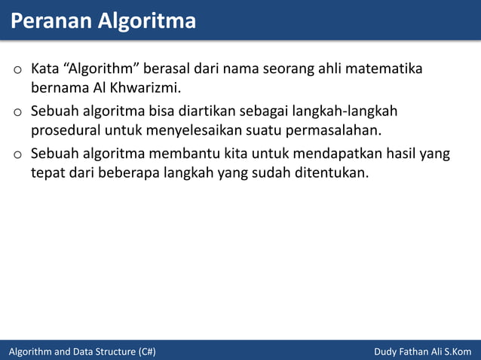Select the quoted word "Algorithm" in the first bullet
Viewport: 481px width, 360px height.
pyautogui.click(x=101, y=70)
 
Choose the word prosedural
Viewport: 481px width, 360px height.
pyautogui.click(x=66, y=133)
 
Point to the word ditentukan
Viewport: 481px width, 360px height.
pyautogui.click(x=333, y=175)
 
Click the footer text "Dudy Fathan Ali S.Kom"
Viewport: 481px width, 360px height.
pyautogui.click(x=422, y=352)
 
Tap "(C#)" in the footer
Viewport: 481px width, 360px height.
pyautogui.click(x=147, y=352)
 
